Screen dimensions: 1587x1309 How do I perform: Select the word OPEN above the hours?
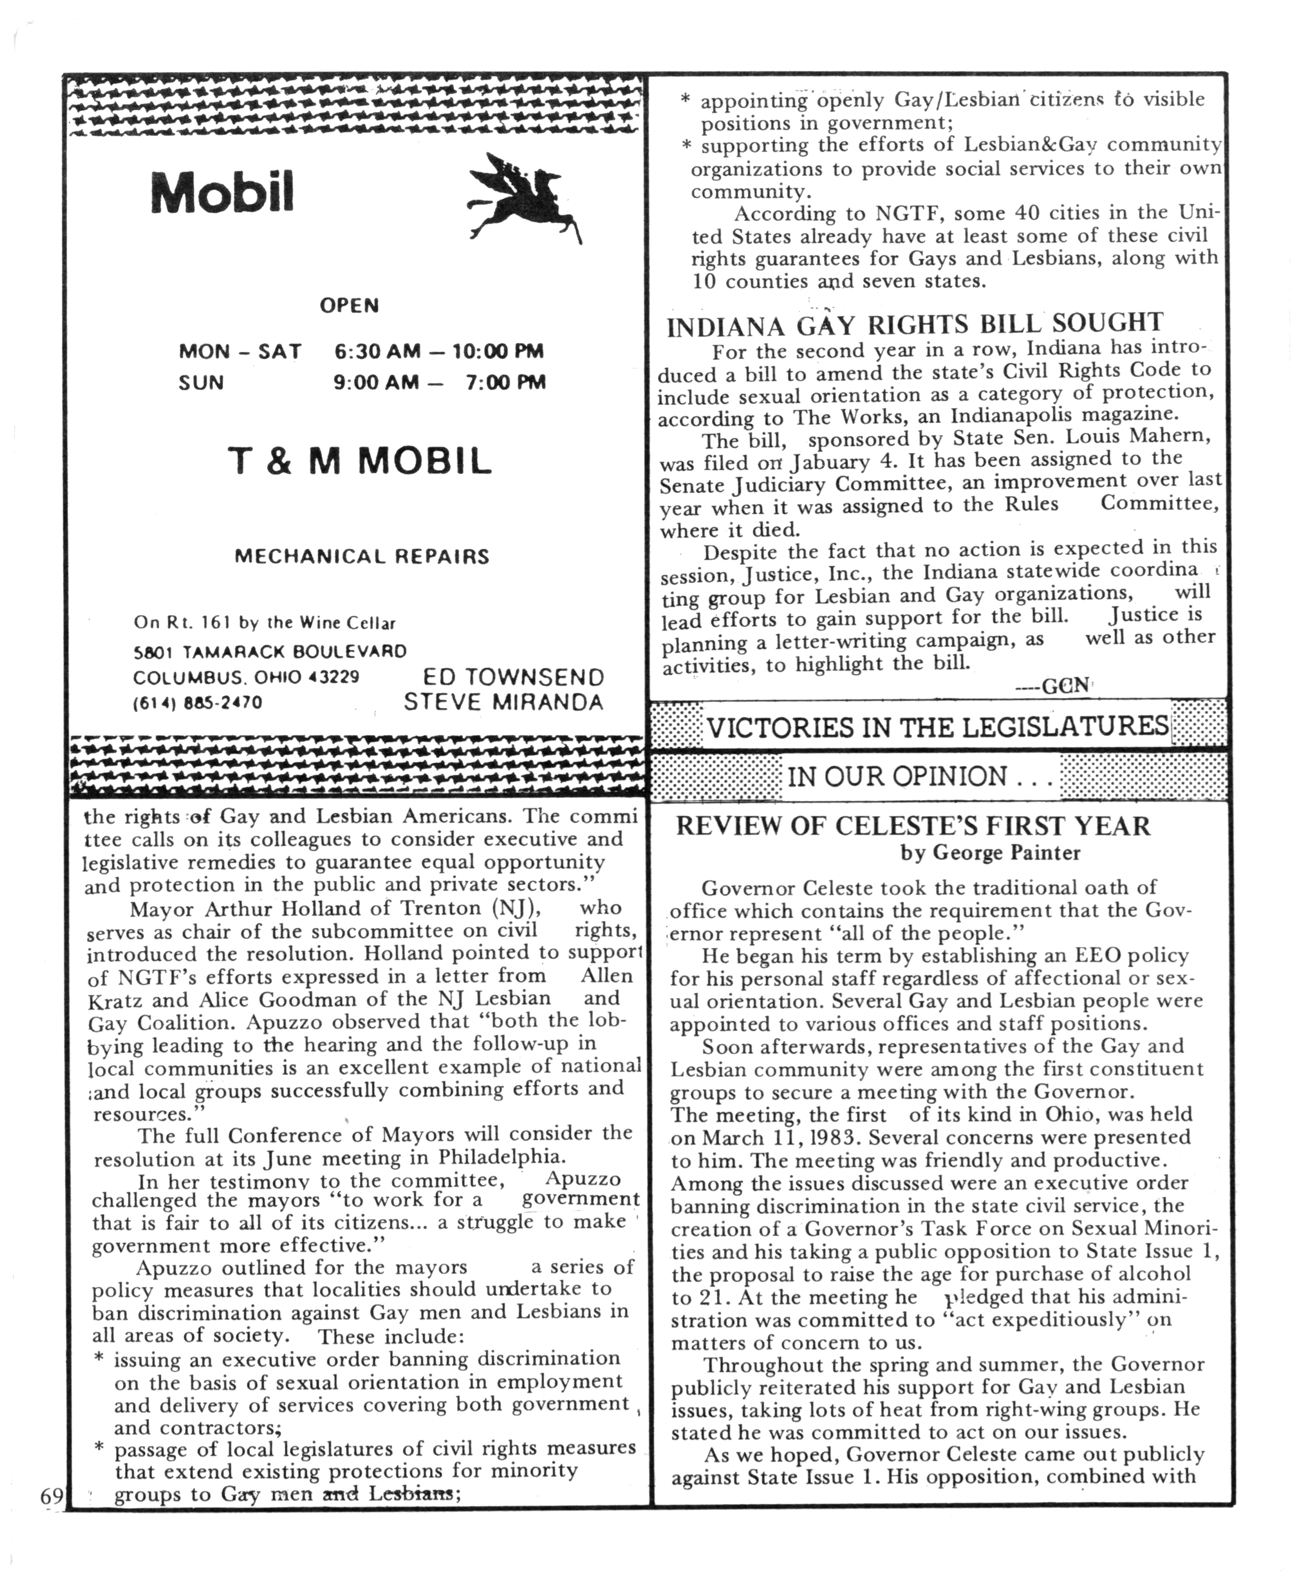[x=349, y=305]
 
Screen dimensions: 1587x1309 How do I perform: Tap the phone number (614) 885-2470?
[x=198, y=702]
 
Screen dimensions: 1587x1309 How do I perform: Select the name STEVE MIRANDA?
[x=504, y=702]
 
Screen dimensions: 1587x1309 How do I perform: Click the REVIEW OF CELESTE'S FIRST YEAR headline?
[x=912, y=826]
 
